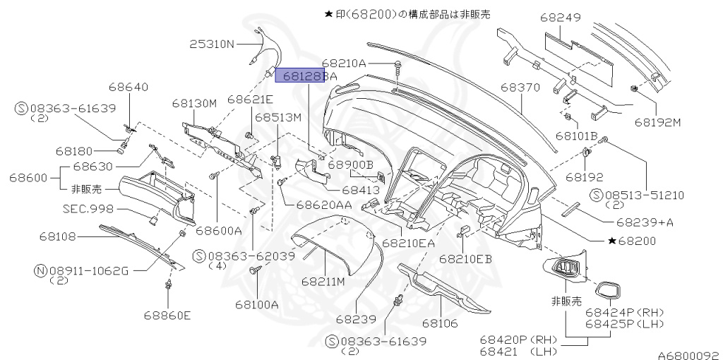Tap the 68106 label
[440, 323]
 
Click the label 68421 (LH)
[519, 351]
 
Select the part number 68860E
[167, 315]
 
